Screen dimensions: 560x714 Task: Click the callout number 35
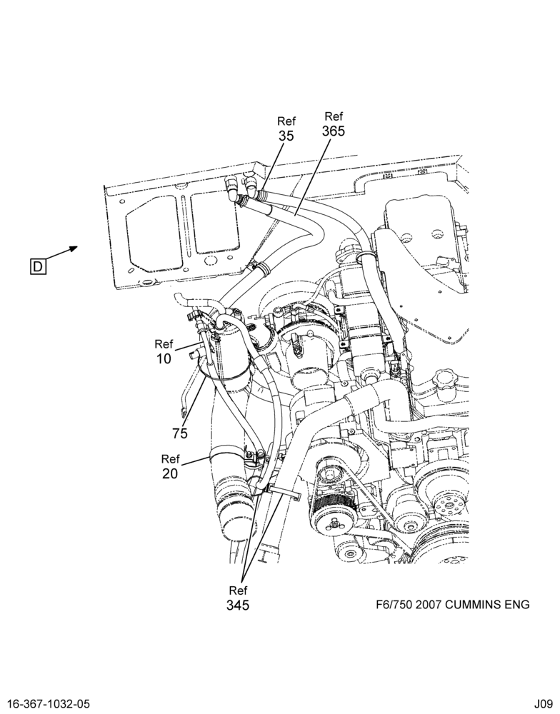pos(286,136)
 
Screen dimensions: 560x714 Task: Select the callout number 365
pos(334,131)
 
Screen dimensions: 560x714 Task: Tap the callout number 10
pos(164,359)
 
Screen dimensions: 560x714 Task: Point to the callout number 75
pos(180,433)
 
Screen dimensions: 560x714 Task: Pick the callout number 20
pos(170,474)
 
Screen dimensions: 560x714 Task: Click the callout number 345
pos(238,605)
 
